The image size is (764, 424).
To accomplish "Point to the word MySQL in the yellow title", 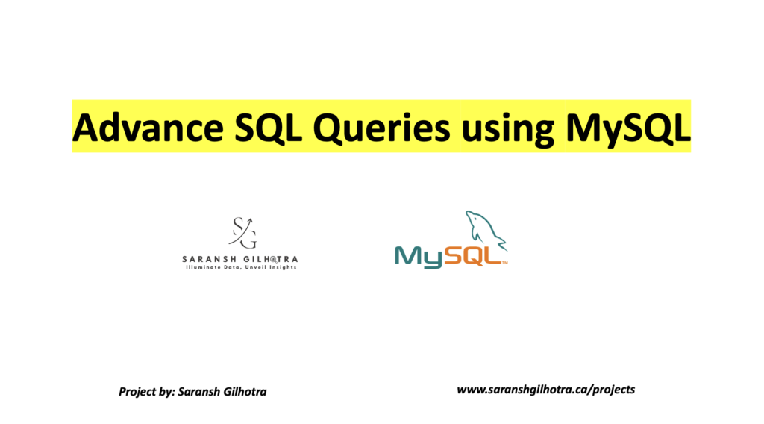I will [628, 128].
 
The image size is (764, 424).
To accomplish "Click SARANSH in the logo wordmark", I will [207, 259].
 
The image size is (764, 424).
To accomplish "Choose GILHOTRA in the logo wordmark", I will [268, 259].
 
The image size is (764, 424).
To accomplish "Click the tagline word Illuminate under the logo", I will [202, 267].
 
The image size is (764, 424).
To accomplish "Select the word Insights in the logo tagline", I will [281, 267].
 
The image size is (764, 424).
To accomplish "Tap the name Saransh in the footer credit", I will [197, 391].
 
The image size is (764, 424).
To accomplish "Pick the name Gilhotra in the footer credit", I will [245, 391].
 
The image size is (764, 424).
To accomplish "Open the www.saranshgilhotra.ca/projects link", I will [545, 390].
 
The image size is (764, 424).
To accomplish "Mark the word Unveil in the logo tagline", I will [255, 267].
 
